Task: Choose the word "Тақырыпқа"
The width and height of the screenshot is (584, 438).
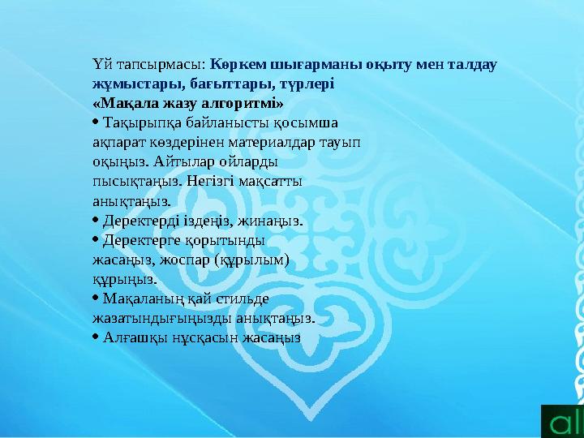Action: [x=141, y=122]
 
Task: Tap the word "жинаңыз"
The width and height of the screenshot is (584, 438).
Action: [x=271, y=220]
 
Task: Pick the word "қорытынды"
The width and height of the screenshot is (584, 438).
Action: [x=230, y=240]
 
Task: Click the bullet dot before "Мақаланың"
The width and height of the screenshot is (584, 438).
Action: [x=97, y=298]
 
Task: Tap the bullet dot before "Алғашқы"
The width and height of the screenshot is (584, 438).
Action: [x=97, y=337]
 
